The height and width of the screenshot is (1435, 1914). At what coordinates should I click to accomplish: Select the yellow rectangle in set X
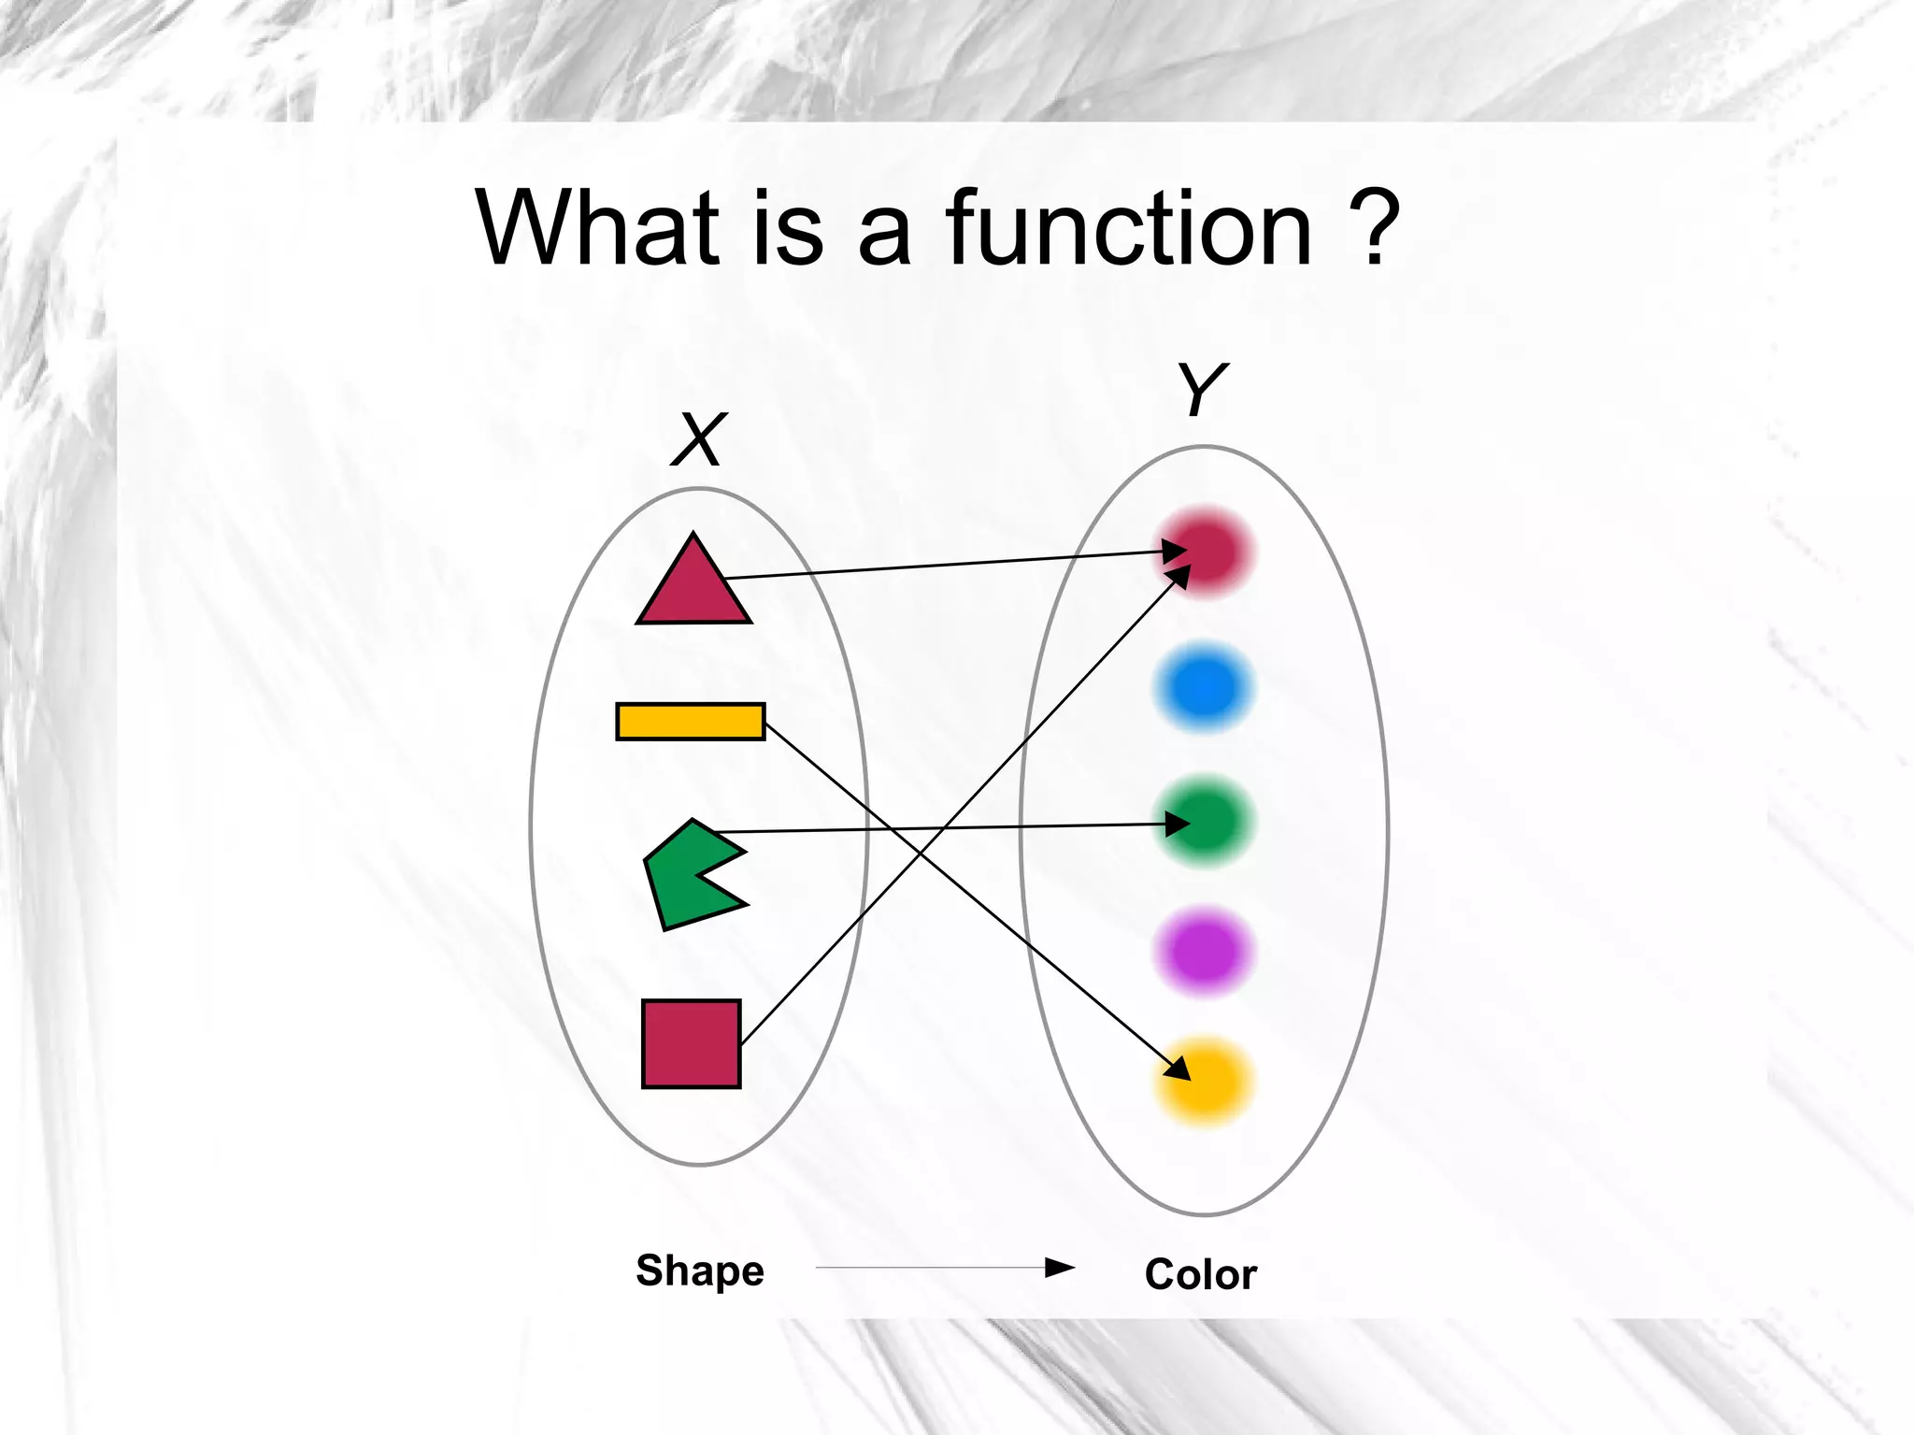coord(691,722)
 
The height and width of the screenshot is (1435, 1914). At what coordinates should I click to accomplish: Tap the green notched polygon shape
coord(682,879)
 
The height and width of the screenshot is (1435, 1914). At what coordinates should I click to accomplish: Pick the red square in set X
coord(692,1043)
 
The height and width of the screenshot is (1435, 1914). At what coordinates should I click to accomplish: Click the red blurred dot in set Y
coord(1206,552)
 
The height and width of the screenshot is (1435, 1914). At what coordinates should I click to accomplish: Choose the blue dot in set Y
coord(1204,687)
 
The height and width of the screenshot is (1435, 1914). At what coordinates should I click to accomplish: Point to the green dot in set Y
coord(1206,822)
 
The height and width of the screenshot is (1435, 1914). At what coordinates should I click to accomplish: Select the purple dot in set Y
coord(1204,952)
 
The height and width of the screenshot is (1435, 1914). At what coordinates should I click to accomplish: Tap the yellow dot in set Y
coord(1205,1083)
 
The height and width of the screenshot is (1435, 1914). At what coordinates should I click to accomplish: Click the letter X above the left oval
coord(699,439)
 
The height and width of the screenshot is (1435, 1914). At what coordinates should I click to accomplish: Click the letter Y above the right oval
coord(1202,389)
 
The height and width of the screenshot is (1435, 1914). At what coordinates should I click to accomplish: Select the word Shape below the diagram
coord(700,1271)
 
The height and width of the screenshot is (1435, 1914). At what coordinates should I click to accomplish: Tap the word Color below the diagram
coord(1201,1274)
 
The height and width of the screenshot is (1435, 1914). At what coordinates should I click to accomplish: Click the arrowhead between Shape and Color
coord(1060,1268)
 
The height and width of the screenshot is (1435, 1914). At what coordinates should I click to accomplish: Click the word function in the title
coord(1128,228)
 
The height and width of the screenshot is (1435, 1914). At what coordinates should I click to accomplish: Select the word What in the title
coord(598,228)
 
